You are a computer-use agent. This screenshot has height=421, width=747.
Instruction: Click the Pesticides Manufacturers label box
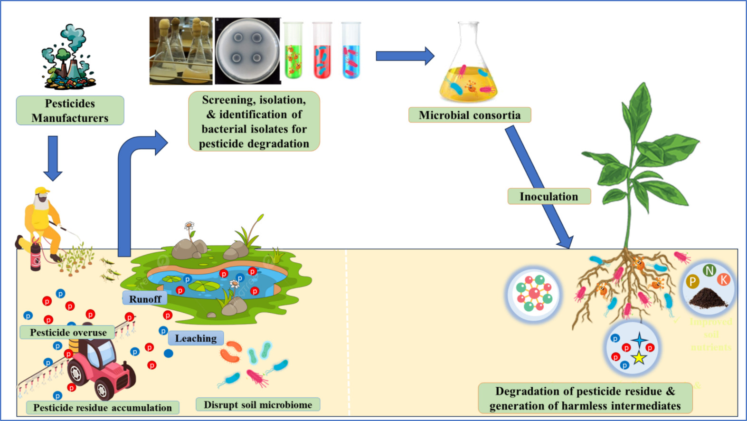point(70,111)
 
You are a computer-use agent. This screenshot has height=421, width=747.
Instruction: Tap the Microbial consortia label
point(469,115)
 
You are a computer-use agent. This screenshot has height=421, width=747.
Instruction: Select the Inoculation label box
point(548,196)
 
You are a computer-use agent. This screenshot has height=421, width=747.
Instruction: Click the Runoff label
point(145,299)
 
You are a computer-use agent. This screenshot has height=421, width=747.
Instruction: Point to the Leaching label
point(195,338)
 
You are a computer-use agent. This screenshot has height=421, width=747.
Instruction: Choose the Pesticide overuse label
point(68,333)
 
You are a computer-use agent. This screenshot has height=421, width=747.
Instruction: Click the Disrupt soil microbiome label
point(257,405)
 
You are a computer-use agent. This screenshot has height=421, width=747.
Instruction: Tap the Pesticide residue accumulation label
point(102,408)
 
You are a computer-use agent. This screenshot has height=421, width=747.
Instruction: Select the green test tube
point(293,51)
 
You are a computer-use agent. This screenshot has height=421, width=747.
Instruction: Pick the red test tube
point(322,51)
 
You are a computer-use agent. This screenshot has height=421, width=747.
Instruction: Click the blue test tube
point(351,51)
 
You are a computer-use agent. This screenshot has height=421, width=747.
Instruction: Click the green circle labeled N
point(709,271)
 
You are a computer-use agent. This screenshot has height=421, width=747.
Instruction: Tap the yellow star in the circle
point(639,357)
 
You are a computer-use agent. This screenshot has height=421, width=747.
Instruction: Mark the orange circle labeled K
point(724,280)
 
